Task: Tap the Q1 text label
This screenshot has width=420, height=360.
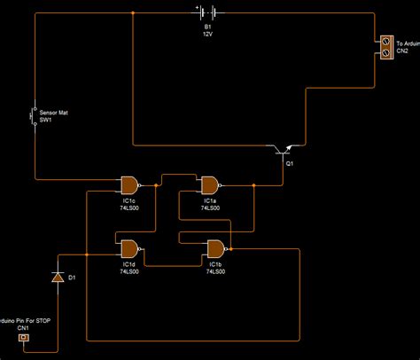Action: [290, 164]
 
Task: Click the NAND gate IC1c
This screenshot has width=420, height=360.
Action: [129, 184]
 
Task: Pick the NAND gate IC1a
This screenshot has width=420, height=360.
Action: [210, 184]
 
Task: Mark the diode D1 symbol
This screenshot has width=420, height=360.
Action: [58, 278]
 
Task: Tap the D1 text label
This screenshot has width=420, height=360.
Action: [73, 278]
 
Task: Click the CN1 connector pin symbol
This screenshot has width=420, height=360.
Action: [24, 339]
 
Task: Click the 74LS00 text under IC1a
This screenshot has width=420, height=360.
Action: [210, 208]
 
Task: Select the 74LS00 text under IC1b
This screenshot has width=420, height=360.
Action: [215, 271]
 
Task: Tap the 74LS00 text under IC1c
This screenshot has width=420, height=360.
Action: [129, 208]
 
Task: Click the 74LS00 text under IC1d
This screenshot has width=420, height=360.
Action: [129, 271]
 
